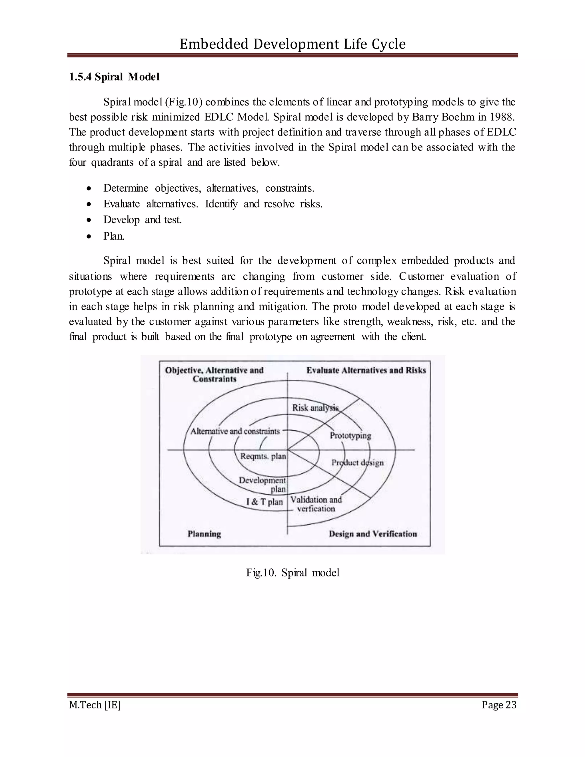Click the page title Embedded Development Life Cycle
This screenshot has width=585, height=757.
(292, 44)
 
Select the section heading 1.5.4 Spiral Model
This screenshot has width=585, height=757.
(114, 77)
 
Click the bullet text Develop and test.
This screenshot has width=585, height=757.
(143, 220)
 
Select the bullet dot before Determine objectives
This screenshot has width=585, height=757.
(89, 189)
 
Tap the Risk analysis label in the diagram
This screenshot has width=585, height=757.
(315, 408)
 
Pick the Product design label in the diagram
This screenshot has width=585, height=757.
(357, 462)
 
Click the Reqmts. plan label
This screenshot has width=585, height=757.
(263, 456)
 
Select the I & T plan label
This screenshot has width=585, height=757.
(265, 502)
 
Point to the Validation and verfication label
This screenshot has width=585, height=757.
(316, 504)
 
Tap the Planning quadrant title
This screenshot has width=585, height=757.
(204, 534)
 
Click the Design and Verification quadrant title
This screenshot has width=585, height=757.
(372, 534)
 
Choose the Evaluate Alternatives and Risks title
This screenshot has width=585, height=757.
(366, 370)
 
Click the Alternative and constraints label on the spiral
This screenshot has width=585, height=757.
(235, 431)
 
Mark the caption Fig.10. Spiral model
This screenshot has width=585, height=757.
(292, 572)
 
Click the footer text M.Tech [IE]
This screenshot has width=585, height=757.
(95, 705)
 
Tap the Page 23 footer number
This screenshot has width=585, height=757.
(499, 705)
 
